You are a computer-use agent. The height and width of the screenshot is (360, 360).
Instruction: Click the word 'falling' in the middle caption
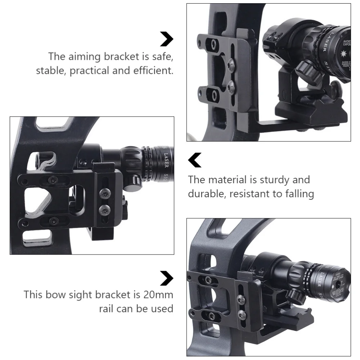[x=297, y=194]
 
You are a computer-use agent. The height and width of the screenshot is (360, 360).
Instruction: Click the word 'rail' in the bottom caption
[x=107, y=309]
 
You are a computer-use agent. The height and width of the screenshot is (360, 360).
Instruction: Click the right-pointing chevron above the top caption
[x=166, y=39]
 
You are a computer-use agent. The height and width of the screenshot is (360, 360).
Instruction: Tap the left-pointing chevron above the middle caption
[x=195, y=160]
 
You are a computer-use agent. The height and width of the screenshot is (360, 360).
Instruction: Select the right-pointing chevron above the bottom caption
[x=166, y=278]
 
